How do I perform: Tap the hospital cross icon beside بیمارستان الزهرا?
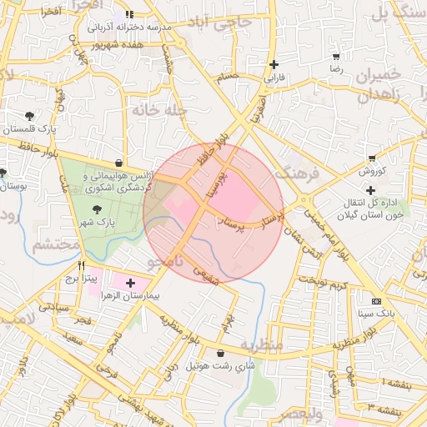pos(130,284)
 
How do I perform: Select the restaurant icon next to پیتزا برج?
pos(81,266)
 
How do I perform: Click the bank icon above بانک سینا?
pos(377,301)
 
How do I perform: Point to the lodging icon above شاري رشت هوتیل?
pos(220,354)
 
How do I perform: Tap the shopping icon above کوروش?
pos(371,158)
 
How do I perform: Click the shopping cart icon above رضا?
pos(336,58)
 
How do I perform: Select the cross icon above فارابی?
pos(274,64)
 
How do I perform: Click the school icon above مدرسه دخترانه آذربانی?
pos(129,14)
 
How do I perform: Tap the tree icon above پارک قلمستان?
pos(31,116)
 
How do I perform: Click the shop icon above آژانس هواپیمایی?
pos(119,163)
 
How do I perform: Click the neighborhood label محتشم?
pos(58,245)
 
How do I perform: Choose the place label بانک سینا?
pos(377,314)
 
